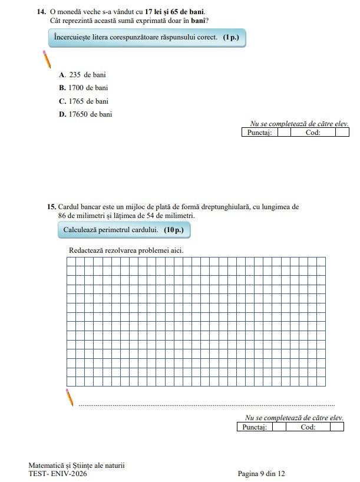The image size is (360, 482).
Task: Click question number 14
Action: [x=41, y=12]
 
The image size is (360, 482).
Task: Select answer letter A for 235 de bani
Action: [x=62, y=75]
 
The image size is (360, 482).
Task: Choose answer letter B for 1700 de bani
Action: [x=62, y=88]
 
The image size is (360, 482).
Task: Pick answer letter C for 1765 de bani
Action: [x=62, y=101]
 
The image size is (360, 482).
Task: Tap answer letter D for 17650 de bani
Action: [x=62, y=114]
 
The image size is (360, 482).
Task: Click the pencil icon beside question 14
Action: [x=47, y=60]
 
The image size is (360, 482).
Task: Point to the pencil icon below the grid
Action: [x=70, y=397]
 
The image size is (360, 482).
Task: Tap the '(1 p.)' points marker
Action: [x=231, y=37]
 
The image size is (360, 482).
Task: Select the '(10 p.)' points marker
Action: [x=174, y=229]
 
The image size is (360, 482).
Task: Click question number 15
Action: [x=51, y=207]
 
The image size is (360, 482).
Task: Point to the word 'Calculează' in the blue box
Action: [x=81, y=229]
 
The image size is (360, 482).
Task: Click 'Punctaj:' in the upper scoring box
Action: [x=259, y=133]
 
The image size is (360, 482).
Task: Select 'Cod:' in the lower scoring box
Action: [x=308, y=427]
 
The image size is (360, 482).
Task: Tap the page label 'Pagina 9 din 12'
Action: [x=261, y=474]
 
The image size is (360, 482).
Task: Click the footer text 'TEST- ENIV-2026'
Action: [x=57, y=474]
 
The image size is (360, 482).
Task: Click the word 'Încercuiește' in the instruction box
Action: [x=74, y=37]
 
